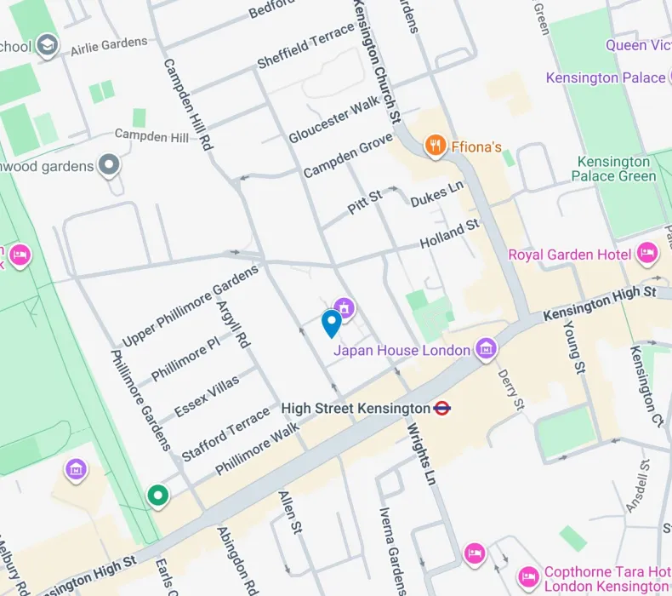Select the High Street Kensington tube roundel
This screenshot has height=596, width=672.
tap(441, 409)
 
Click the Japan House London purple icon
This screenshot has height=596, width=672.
tap(486, 349)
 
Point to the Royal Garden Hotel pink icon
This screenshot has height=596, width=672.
tap(647, 254)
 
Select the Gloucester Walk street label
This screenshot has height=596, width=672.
tap(333, 120)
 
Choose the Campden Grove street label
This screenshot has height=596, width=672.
tap(348, 155)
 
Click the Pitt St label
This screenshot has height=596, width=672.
tap(365, 203)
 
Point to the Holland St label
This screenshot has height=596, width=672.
tap(450, 234)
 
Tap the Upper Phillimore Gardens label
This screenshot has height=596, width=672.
tap(190, 307)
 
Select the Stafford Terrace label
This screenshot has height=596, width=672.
tap(225, 435)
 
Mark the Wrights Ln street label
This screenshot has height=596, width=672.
tap(421, 454)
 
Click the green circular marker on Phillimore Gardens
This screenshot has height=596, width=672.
tap(157, 495)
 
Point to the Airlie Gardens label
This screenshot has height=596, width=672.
tap(108, 45)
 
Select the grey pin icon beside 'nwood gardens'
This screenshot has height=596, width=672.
tap(109, 165)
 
